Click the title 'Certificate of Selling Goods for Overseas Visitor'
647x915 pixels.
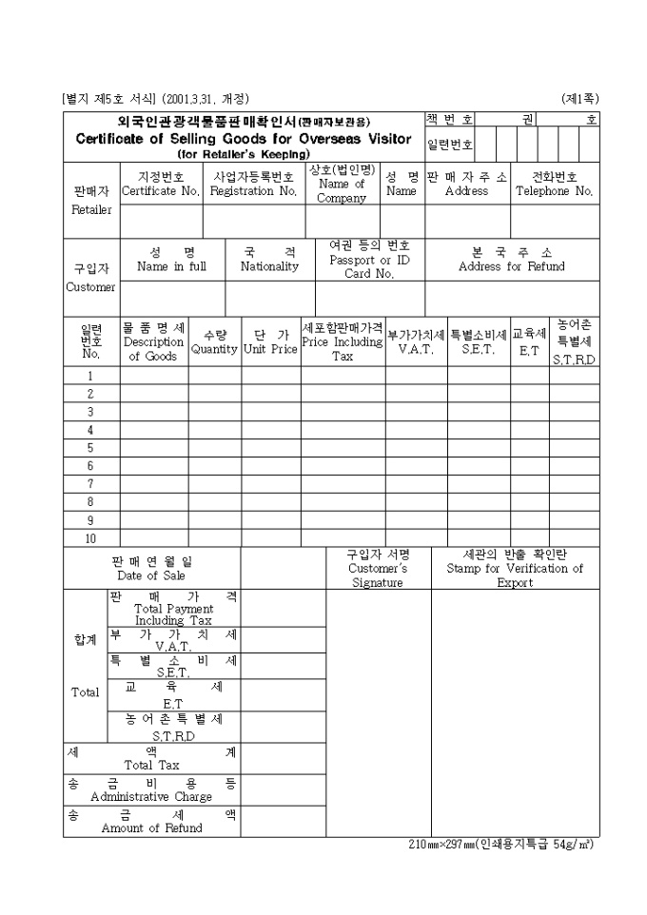pos(244,139)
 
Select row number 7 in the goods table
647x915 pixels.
pos(90,483)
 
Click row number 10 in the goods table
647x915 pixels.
pos(90,538)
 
